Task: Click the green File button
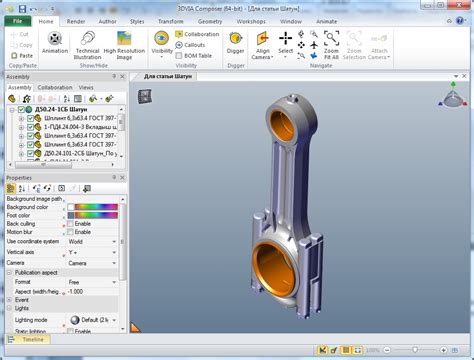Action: pos(17,19)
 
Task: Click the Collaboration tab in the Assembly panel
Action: pos(55,87)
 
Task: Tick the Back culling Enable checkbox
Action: pos(70,223)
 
